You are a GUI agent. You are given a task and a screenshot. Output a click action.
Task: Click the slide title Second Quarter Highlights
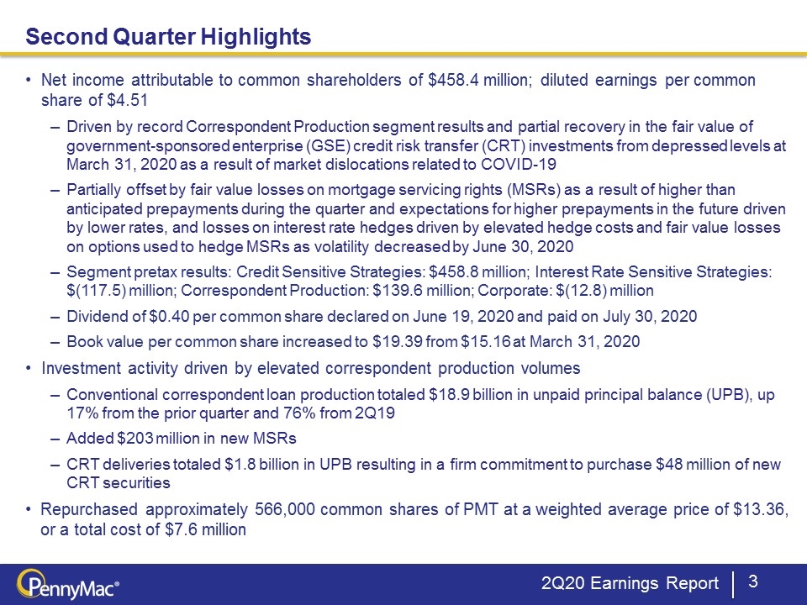[x=168, y=36]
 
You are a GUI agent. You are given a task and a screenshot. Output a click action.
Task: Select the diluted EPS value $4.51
[x=128, y=100]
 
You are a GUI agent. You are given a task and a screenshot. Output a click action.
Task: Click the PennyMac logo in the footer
[x=68, y=586]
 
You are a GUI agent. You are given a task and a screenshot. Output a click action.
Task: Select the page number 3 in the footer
[x=752, y=581]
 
